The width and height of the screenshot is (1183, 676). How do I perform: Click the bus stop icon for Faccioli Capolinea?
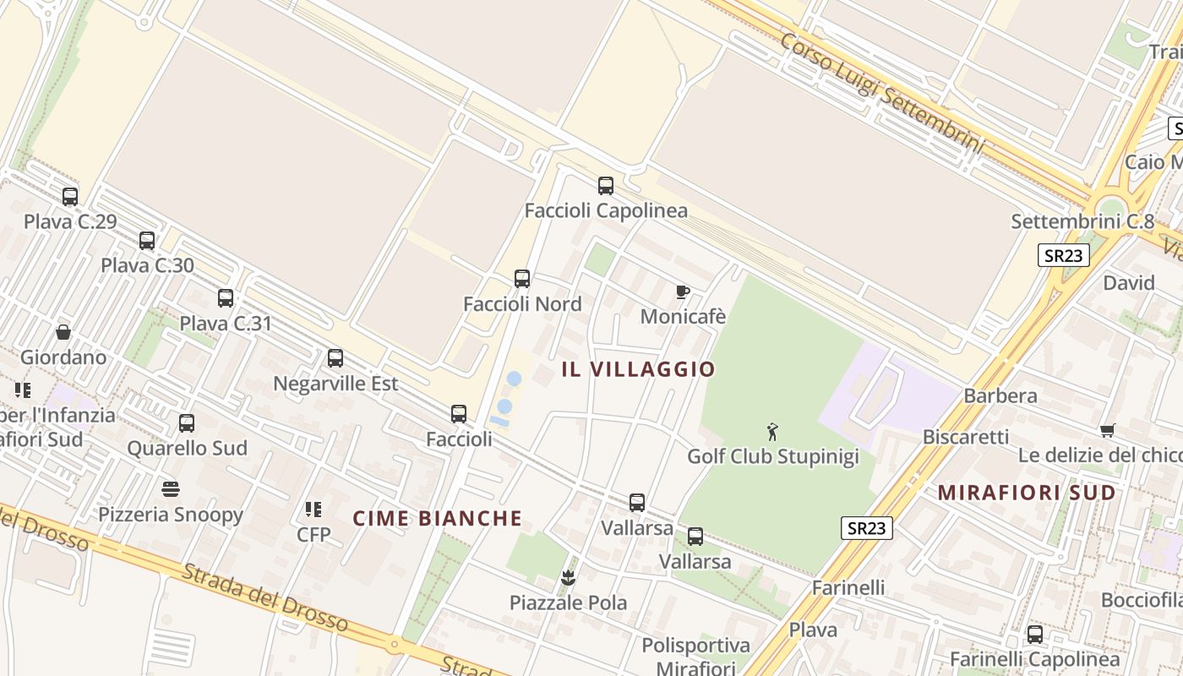pyautogui.click(x=605, y=186)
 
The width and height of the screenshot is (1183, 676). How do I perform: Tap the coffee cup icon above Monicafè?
pyautogui.click(x=683, y=292)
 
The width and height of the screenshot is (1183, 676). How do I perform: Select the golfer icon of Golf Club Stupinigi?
pyautogui.click(x=772, y=433)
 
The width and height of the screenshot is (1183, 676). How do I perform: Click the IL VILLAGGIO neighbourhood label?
pyautogui.click(x=638, y=369)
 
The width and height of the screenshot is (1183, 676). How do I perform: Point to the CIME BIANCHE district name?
pyautogui.click(x=437, y=518)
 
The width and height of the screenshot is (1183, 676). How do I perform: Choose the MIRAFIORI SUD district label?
pyautogui.click(x=1027, y=493)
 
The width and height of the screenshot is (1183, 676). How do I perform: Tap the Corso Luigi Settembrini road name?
pyautogui.click(x=882, y=93)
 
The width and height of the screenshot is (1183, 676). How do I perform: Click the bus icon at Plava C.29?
pyautogui.click(x=70, y=197)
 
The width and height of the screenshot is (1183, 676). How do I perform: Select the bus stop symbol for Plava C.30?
pyautogui.click(x=147, y=241)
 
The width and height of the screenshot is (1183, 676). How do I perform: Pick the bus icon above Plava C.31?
pyautogui.click(x=226, y=298)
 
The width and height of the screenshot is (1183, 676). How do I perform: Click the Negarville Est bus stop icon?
pyautogui.click(x=335, y=358)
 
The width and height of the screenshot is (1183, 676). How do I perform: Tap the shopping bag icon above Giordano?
pyautogui.click(x=63, y=332)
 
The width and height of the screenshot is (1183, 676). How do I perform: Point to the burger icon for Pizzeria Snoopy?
pyautogui.click(x=171, y=489)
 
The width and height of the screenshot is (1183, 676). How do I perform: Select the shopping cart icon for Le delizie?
pyautogui.click(x=1108, y=430)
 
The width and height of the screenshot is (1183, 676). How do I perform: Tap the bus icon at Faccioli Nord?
pyautogui.click(x=522, y=279)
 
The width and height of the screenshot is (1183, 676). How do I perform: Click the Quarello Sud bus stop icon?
pyautogui.click(x=187, y=423)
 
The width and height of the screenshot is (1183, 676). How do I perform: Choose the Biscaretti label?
pyautogui.click(x=966, y=437)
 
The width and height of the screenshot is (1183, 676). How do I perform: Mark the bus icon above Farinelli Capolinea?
pyautogui.click(x=1034, y=635)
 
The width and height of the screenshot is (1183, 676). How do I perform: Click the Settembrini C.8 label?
pyautogui.click(x=1082, y=222)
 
